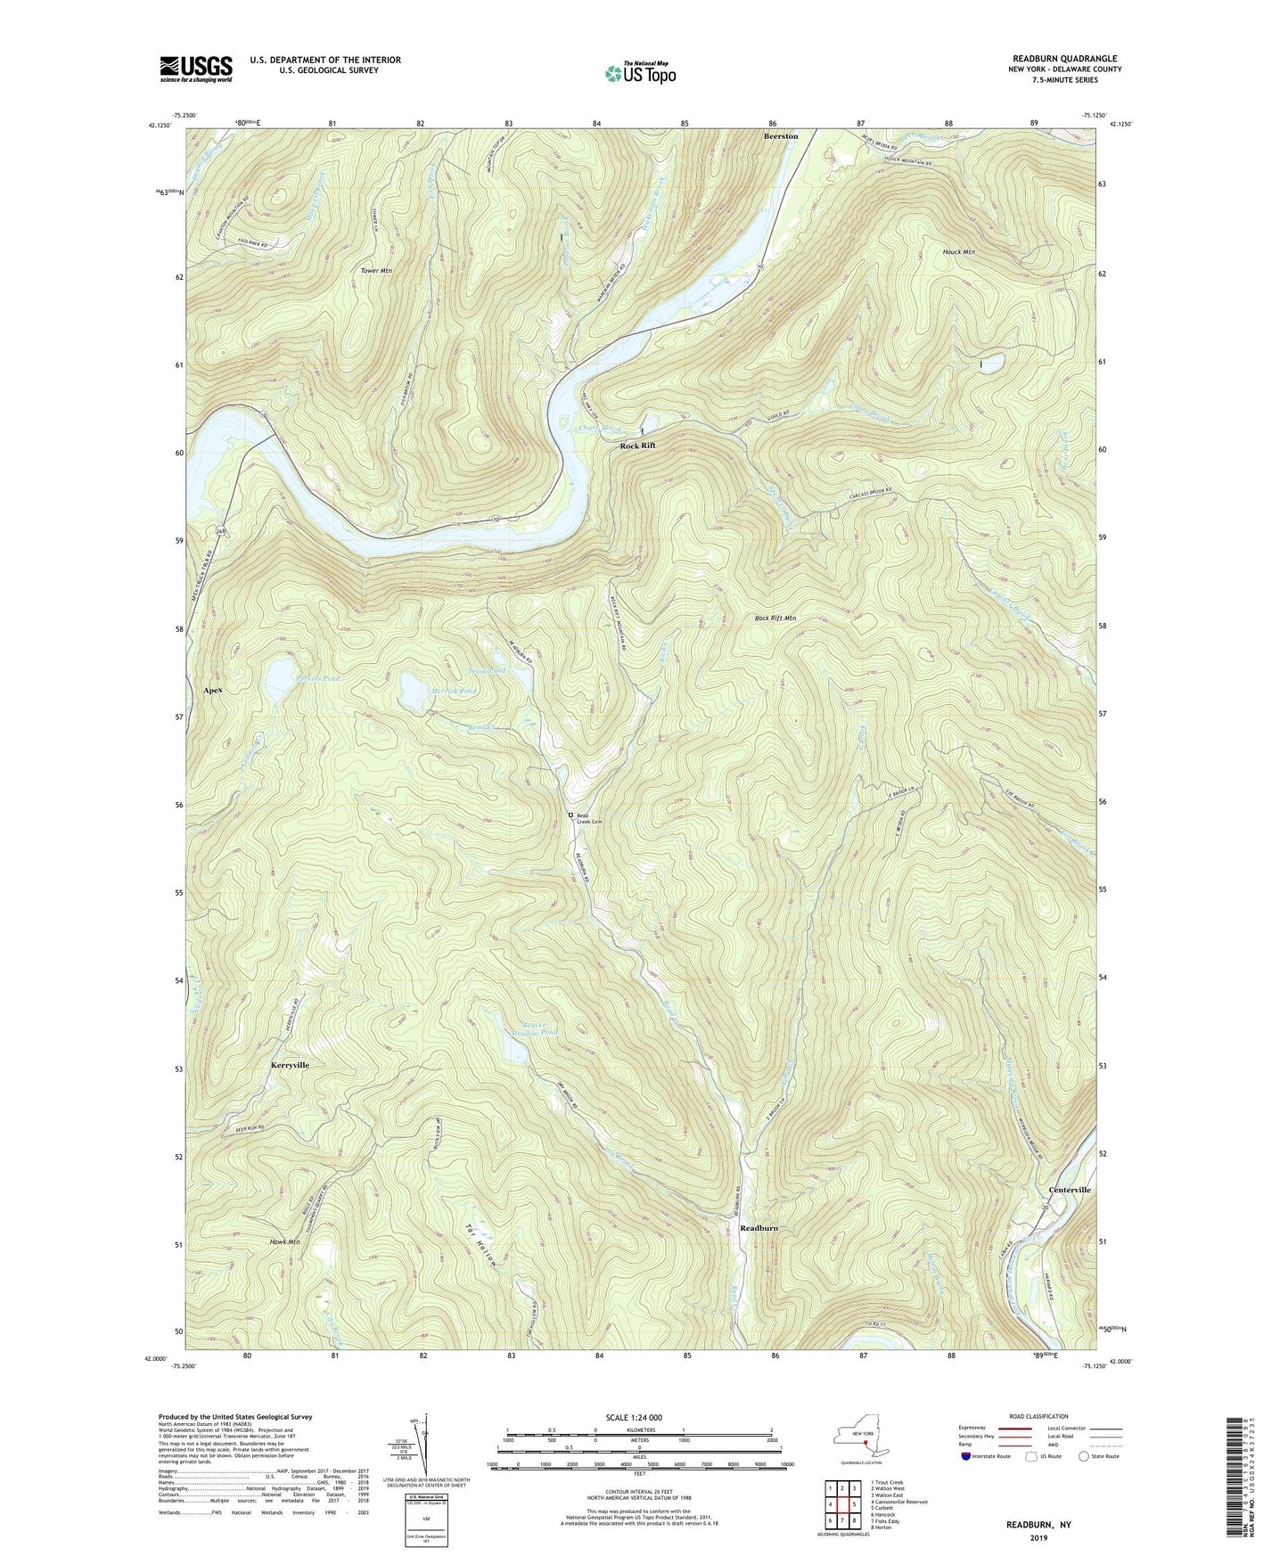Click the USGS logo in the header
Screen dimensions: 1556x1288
196,69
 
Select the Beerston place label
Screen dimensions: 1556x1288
780,136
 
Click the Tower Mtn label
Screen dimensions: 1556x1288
375,270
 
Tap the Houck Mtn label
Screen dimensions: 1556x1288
958,252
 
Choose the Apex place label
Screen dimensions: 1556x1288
212,691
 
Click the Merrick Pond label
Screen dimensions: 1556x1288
455,692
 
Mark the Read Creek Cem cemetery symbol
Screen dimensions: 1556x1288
571,815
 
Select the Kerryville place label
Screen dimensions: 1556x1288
290,1065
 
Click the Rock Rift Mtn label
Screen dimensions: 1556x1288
775,618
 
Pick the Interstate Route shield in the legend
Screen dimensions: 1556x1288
966,1456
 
